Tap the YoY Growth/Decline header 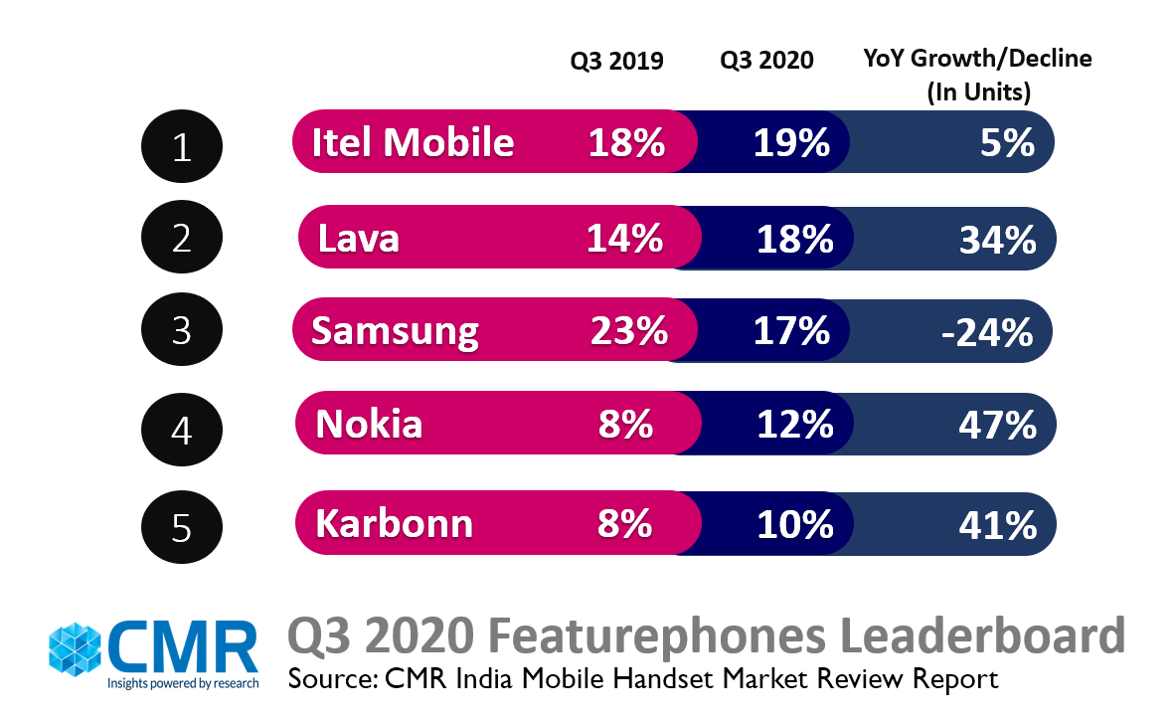(977, 75)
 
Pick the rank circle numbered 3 (181, 331)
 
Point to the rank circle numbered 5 (181, 525)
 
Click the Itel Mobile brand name (413, 143)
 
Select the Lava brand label (359, 239)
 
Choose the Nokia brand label (369, 426)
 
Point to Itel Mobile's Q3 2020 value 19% (791, 143)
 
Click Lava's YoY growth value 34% (997, 240)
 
